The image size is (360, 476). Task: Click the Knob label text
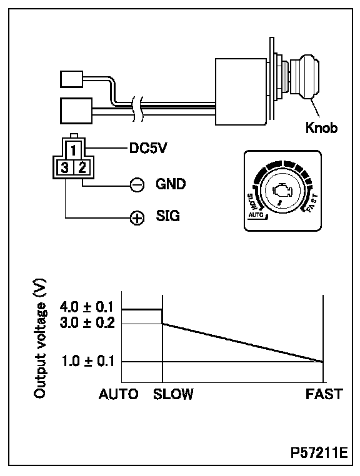[x=321, y=127]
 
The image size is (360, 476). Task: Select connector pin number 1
[x=73, y=151]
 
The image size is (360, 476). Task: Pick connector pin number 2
[x=82, y=167]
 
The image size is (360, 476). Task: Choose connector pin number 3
[x=64, y=167]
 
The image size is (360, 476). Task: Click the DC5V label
[x=148, y=148]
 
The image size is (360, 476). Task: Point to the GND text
[x=171, y=184]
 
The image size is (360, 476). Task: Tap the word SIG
[x=167, y=216]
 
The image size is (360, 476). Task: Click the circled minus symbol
[x=137, y=184]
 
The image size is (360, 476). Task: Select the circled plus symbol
[x=137, y=217]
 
